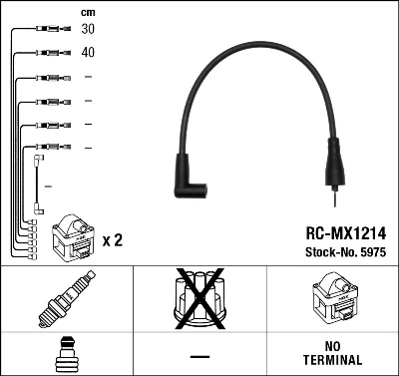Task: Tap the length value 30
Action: [x=88, y=29]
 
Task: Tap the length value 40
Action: [x=88, y=52]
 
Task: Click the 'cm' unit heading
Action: [x=88, y=11]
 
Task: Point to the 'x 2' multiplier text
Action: [x=112, y=240]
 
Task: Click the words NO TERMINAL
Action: [x=332, y=355]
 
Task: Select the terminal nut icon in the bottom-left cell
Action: [x=66, y=355]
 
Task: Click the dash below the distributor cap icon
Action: [x=199, y=356]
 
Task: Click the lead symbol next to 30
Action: [x=48, y=29]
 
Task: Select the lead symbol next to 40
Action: [x=48, y=52]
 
